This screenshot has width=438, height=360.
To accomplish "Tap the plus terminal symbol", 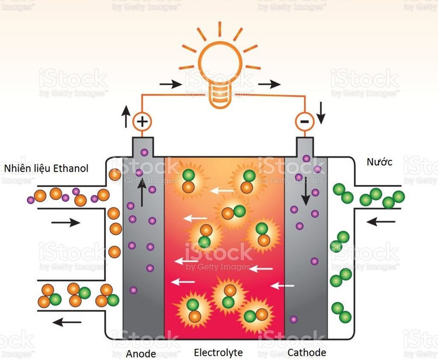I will coord(141,121).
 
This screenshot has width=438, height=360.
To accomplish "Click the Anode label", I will coord(141,353).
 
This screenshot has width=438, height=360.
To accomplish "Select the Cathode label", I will coord(307,352).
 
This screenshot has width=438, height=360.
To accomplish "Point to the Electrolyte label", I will coord(218,353).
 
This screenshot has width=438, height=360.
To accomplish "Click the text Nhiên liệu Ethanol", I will coord(46,169).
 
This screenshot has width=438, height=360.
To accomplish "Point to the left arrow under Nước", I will coord(384,222).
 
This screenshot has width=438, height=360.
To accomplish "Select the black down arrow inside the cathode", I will coord(305,192).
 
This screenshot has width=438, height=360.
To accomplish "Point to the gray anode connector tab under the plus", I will coord(142,146).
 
